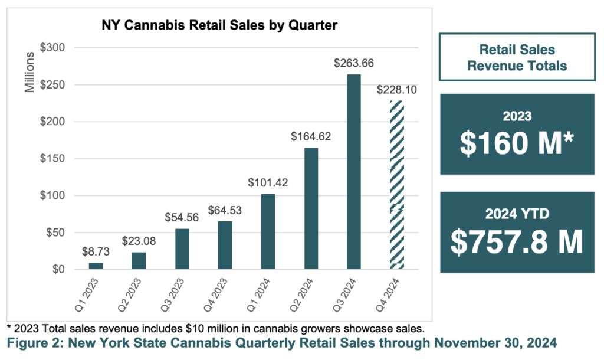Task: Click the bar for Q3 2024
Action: [x=354, y=172]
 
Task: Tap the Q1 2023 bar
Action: [x=96, y=266]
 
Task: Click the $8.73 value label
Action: [x=96, y=251]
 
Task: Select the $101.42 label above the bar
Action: [x=268, y=183]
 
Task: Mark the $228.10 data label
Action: [x=396, y=90]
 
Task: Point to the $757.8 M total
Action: [x=517, y=241]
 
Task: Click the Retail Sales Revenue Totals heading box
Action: [x=517, y=57]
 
